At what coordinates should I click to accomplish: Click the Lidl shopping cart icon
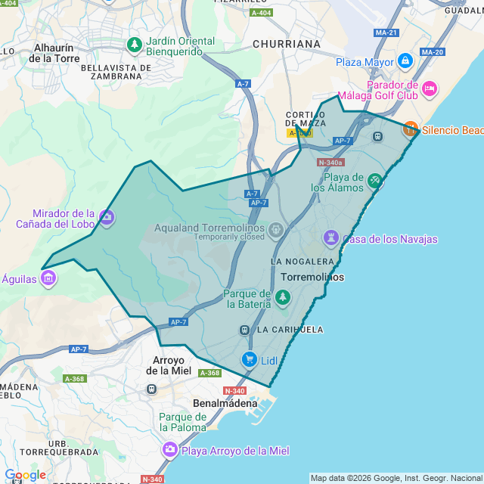pyautogui.click(x=249, y=360)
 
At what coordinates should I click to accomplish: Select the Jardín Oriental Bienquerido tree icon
pyautogui.click(x=135, y=45)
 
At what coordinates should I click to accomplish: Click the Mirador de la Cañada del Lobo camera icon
pyautogui.click(x=107, y=218)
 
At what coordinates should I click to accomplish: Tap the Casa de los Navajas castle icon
pyautogui.click(x=330, y=239)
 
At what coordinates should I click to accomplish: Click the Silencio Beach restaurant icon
pyautogui.click(x=410, y=129)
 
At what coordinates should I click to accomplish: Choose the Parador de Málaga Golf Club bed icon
pyautogui.click(x=429, y=90)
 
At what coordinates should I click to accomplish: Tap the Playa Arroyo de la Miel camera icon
pyautogui.click(x=170, y=451)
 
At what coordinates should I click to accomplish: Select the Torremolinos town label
pyautogui.click(x=312, y=278)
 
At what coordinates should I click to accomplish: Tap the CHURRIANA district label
pyautogui.click(x=287, y=44)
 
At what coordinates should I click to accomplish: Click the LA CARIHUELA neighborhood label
pyautogui.click(x=290, y=330)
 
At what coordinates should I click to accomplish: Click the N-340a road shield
pyautogui.click(x=330, y=163)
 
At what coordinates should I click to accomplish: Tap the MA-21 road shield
pyautogui.click(x=386, y=33)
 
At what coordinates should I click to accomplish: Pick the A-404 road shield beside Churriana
pyautogui.click(x=261, y=13)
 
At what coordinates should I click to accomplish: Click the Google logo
pyautogui.click(x=24, y=475)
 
